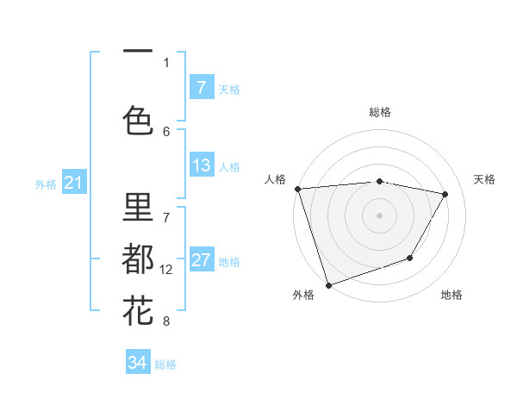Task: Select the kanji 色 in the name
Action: pyautogui.click(x=138, y=121)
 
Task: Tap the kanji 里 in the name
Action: pyautogui.click(x=138, y=207)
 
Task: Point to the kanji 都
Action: pyautogui.click(x=138, y=259)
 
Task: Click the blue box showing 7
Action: pyautogui.click(x=201, y=87)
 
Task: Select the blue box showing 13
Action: pyautogui.click(x=201, y=165)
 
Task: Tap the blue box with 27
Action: pyautogui.click(x=201, y=260)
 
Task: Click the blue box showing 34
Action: pyautogui.click(x=138, y=363)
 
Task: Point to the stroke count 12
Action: pyautogui.click(x=166, y=270)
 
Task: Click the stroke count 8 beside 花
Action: pyautogui.click(x=166, y=321)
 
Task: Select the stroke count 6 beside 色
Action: pyautogui.click(x=166, y=131)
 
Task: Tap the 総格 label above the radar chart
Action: pyautogui.click(x=380, y=112)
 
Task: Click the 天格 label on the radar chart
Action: pyautogui.click(x=485, y=179)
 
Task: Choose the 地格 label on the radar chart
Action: pyautogui.click(x=452, y=295)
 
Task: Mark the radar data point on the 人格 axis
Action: pyautogui.click(x=297, y=189)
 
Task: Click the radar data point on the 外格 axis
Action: pyautogui.click(x=328, y=284)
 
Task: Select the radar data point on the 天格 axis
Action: pyautogui.click(x=445, y=194)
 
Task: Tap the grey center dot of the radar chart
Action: pyautogui.click(x=380, y=215)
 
